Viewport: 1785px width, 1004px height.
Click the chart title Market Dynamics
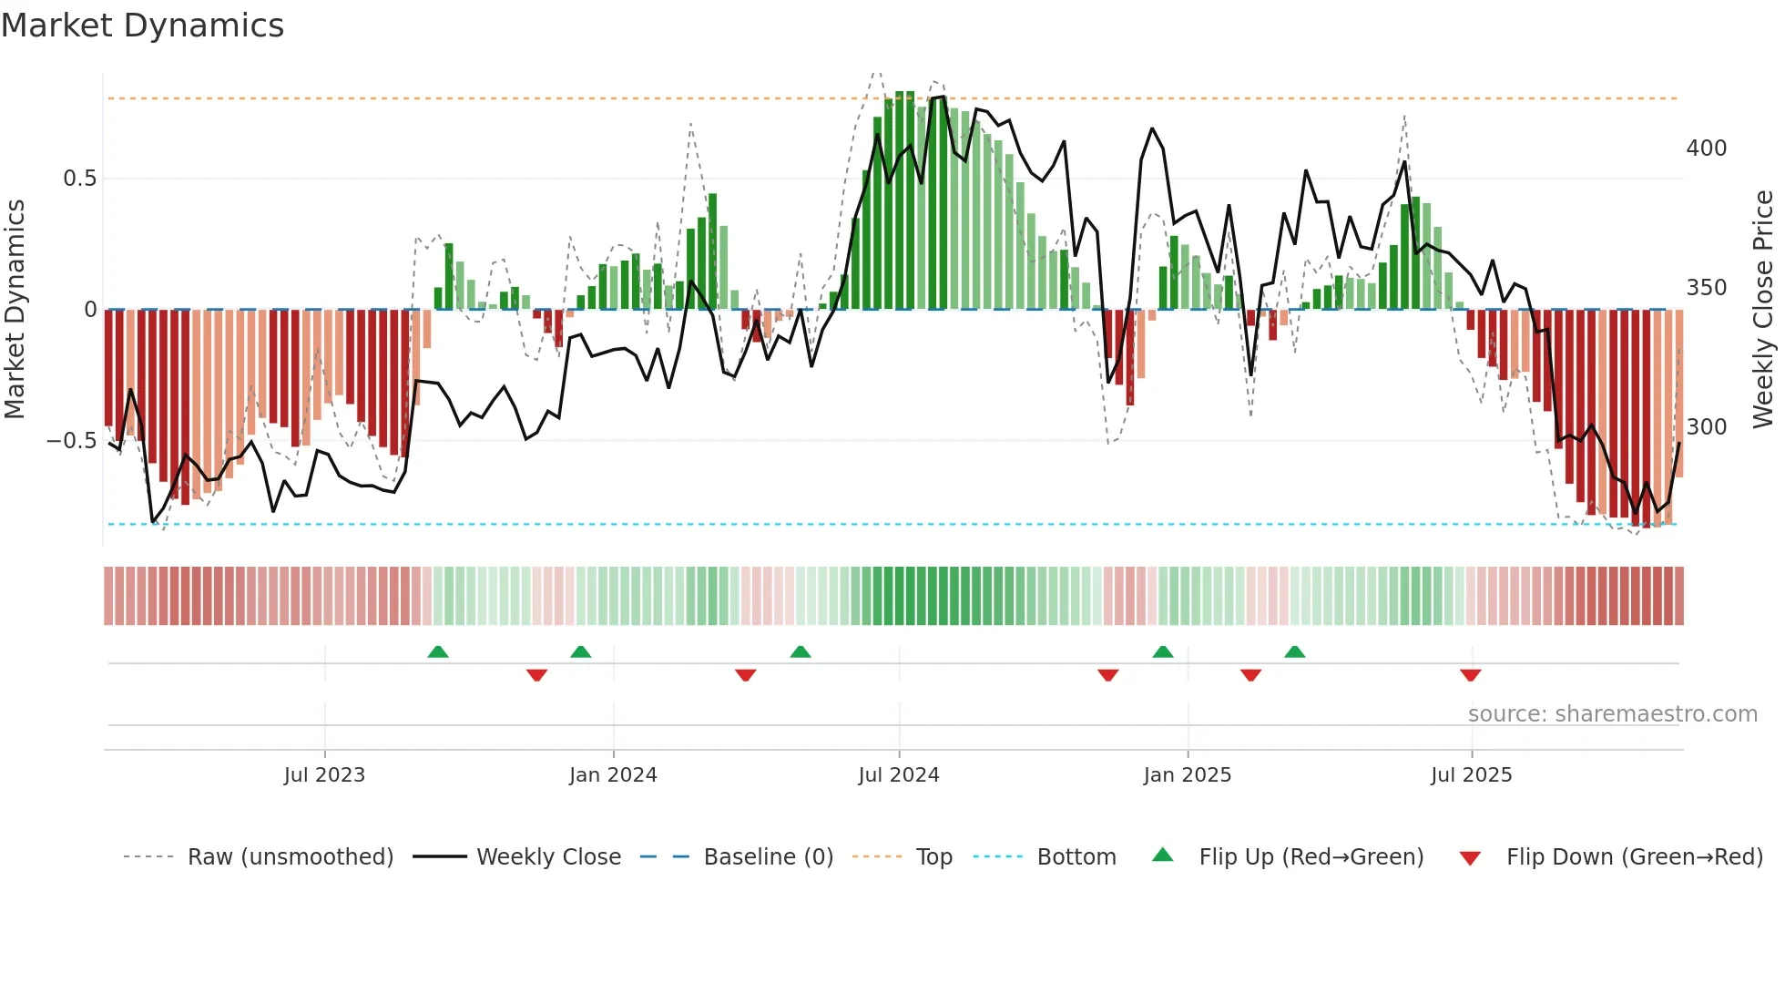click(x=143, y=26)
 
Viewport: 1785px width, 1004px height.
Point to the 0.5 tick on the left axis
click(x=79, y=179)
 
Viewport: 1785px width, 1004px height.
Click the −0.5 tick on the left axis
click(x=72, y=441)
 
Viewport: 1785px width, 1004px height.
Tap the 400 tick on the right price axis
click(x=1706, y=149)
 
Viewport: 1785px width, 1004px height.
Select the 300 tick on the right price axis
click(x=1706, y=427)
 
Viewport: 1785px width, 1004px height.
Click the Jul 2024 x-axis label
click(x=898, y=775)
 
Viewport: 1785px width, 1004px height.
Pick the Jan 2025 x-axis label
click(x=1187, y=775)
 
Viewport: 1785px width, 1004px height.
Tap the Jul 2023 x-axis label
click(x=324, y=775)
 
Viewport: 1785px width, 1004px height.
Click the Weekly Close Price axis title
click(x=1763, y=310)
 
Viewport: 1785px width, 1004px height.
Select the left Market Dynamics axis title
click(x=15, y=310)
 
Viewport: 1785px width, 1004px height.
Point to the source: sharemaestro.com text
click(x=1612, y=714)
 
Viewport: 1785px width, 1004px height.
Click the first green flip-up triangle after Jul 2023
click(x=438, y=652)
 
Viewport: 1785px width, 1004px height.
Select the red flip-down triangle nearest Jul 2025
click(x=1470, y=675)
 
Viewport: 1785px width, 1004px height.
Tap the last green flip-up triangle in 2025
click(x=1294, y=652)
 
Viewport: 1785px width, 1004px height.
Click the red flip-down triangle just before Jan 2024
click(x=536, y=675)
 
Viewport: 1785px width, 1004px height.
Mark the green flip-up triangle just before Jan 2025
click(x=1162, y=652)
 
